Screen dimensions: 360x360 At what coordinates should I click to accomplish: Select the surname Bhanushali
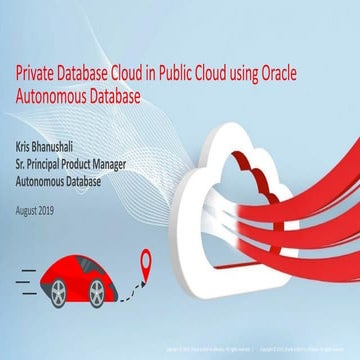coord(68,142)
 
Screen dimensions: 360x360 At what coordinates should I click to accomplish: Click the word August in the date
coord(32,210)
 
